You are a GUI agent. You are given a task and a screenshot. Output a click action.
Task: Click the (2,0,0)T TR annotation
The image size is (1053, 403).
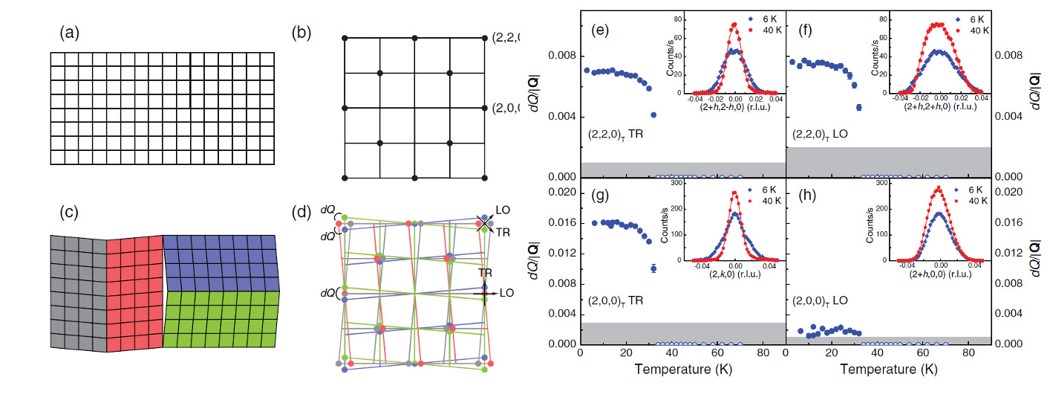tap(616, 301)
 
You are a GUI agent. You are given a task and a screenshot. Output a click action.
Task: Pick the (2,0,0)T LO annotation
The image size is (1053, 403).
tap(823, 301)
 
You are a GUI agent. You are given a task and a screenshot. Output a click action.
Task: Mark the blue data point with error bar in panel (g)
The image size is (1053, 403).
tap(653, 268)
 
